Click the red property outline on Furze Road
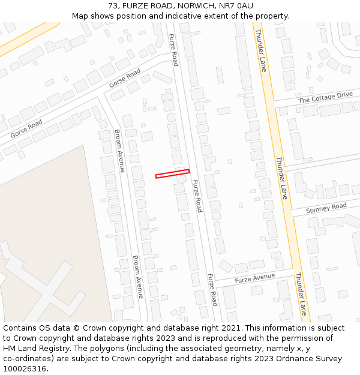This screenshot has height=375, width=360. point(172,173)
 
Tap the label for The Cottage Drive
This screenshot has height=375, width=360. point(325,97)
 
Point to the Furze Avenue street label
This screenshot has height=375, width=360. point(254,278)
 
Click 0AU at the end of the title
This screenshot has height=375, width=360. point(247,5)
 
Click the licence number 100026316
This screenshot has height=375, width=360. point(25,369)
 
